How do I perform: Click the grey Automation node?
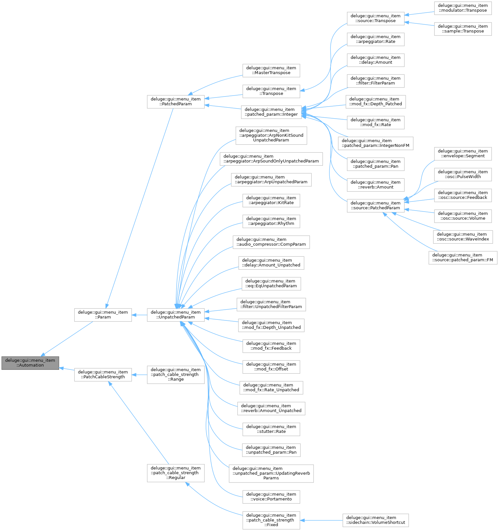[x=30, y=363]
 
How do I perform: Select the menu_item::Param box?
[x=103, y=315]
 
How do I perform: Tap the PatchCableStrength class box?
[x=103, y=374]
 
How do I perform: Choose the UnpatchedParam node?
[x=176, y=315]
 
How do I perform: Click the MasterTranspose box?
[x=271, y=70]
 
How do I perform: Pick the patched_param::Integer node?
[x=271, y=112]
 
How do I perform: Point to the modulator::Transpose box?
[x=463, y=8]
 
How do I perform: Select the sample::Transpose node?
[x=463, y=29]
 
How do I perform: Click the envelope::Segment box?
[x=463, y=153]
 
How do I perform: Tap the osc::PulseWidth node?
[x=463, y=174]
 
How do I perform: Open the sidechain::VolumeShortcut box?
[x=376, y=520]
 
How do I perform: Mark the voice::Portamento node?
[x=271, y=497]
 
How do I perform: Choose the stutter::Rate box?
[x=271, y=429]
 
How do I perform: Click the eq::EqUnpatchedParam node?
[x=271, y=283]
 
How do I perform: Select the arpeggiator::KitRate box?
[x=271, y=200]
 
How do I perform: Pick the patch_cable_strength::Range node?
[x=176, y=374]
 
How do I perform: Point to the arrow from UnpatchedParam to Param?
[x=139, y=315]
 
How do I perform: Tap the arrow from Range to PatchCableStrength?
[x=139, y=375]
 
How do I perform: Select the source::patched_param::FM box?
[x=463, y=257]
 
